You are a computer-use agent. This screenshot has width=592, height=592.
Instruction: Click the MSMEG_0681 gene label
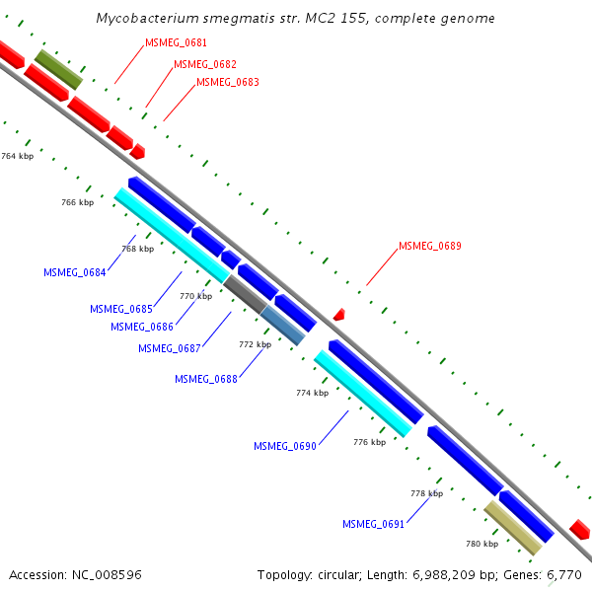click(176, 43)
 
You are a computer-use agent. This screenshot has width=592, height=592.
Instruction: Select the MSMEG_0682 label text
click(204, 65)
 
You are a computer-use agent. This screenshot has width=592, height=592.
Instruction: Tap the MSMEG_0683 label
click(227, 83)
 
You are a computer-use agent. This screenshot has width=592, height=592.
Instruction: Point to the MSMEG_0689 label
click(429, 247)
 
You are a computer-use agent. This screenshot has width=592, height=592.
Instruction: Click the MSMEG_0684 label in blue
click(74, 272)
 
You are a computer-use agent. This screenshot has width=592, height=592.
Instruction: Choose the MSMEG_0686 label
click(141, 328)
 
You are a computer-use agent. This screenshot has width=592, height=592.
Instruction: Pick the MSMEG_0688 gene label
click(205, 380)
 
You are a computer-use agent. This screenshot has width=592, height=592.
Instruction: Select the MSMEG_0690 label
click(284, 447)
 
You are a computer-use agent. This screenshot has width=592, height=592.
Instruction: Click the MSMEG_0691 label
click(373, 525)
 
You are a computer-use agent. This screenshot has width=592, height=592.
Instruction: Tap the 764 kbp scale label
click(17, 157)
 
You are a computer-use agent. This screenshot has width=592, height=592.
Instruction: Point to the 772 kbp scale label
click(255, 345)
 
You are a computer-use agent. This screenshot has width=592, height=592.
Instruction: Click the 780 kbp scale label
click(481, 544)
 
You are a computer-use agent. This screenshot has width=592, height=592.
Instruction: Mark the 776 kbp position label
click(369, 443)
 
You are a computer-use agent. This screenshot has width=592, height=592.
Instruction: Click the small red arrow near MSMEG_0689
click(338, 314)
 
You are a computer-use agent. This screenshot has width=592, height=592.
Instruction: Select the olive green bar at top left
click(58, 70)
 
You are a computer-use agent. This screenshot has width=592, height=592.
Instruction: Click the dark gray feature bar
click(244, 294)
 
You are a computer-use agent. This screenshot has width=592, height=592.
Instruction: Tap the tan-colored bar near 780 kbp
click(513, 528)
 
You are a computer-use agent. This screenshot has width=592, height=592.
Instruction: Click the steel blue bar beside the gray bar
click(283, 326)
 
